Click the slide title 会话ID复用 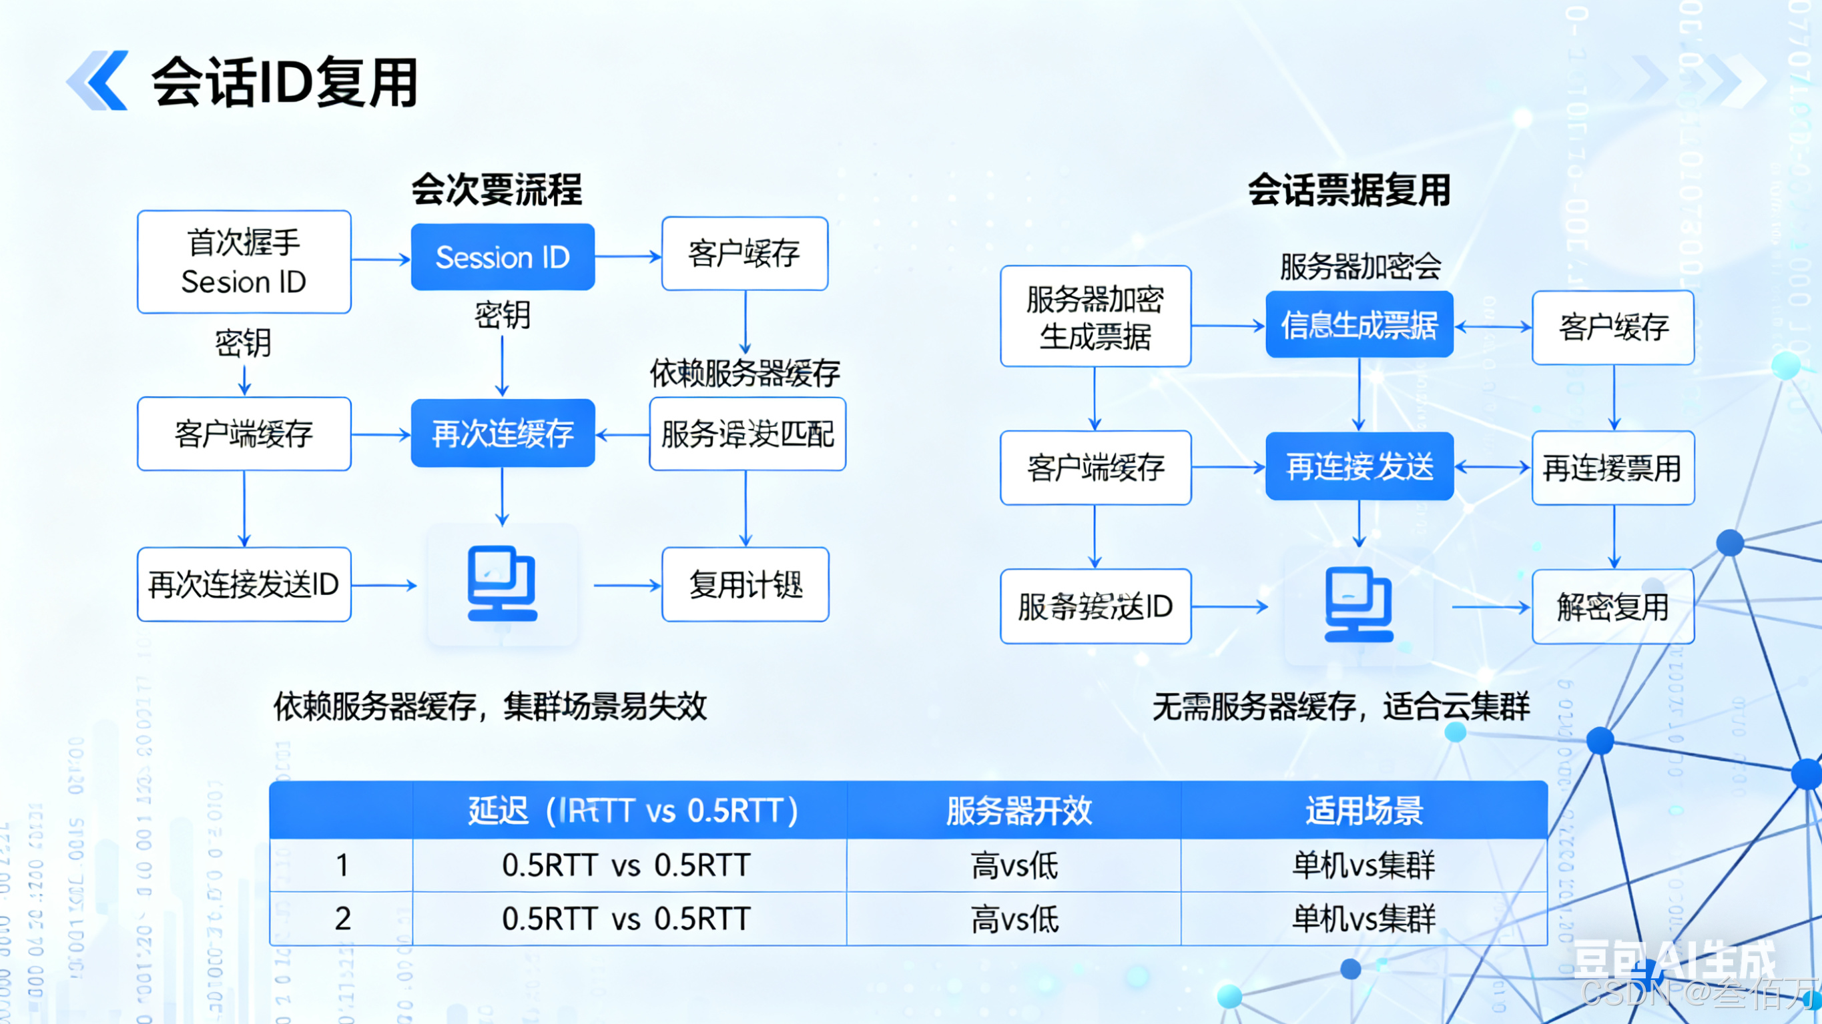(x=284, y=82)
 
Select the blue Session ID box (x=502, y=257)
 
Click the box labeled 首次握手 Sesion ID (x=244, y=262)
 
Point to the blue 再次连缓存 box (x=502, y=433)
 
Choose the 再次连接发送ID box (x=244, y=584)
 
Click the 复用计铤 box (x=745, y=584)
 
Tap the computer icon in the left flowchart (x=502, y=584)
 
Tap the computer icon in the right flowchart (x=1358, y=605)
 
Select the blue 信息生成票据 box (x=1359, y=325)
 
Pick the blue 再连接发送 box (x=1359, y=466)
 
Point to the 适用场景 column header (x=1363, y=811)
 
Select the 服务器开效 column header (x=1018, y=811)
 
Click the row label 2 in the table (x=342, y=919)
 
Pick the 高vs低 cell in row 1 (x=1014, y=865)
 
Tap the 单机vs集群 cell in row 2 (x=1363, y=919)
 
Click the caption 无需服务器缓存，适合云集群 (x=1341, y=706)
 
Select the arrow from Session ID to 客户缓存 (x=627, y=258)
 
